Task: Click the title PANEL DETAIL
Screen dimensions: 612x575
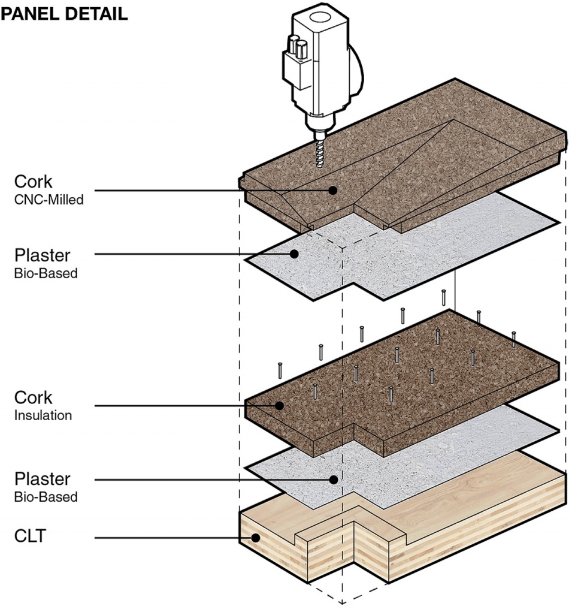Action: pos(64,15)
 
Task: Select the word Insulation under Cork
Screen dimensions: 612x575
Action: pos(43,415)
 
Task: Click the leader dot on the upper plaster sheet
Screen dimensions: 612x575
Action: pos(294,254)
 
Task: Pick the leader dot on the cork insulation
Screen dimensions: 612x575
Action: pos(279,406)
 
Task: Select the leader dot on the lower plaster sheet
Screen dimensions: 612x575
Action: pos(332,479)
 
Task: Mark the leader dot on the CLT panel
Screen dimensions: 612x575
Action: pos(256,538)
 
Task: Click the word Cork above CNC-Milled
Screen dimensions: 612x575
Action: pos(34,182)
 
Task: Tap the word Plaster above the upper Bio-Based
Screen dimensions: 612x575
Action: pos(42,256)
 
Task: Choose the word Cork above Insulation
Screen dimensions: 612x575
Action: pos(34,397)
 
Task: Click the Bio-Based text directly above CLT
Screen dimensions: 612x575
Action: pos(46,497)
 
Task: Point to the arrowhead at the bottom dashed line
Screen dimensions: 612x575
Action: pos(342,601)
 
